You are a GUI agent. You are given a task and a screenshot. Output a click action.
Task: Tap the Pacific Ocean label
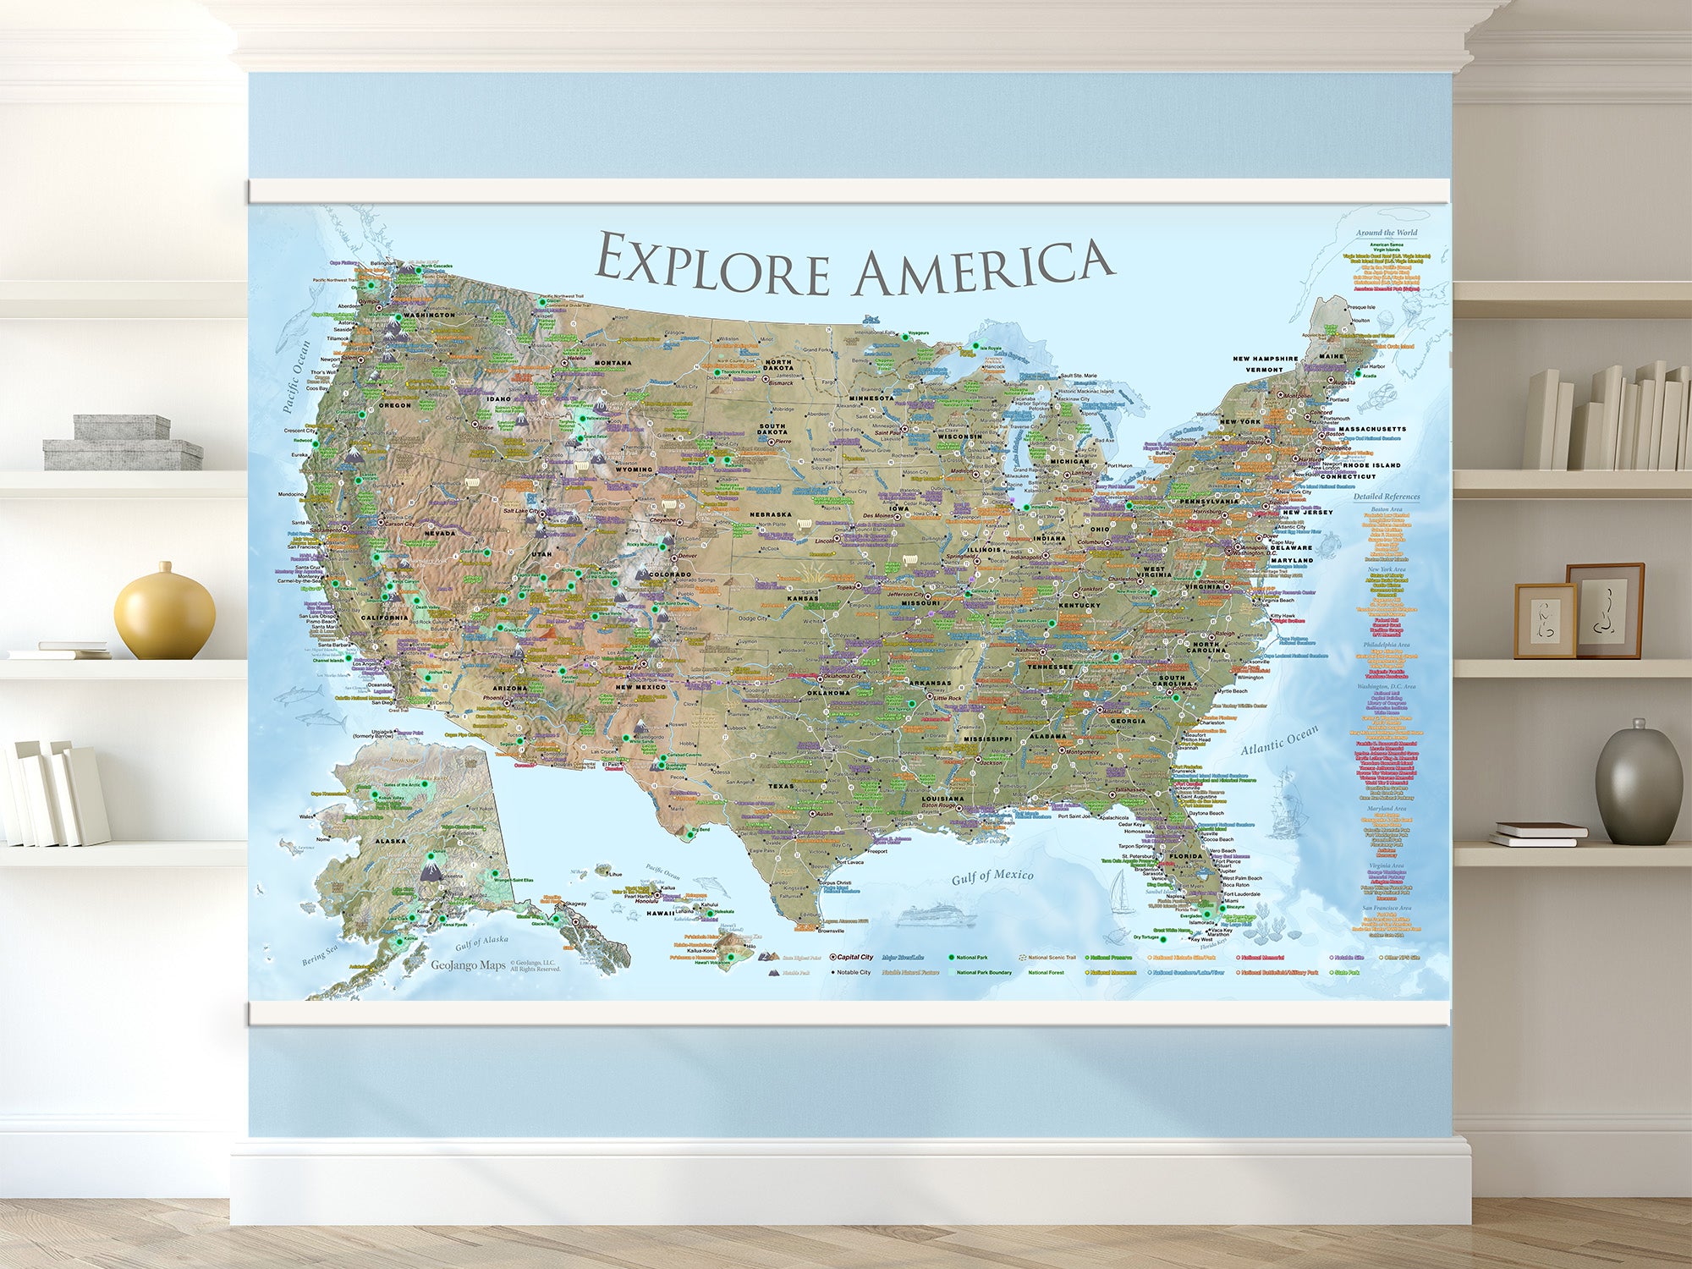coord(295,376)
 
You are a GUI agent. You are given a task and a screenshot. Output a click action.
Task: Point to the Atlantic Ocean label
coord(1278,741)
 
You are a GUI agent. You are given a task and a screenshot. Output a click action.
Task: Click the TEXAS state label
coord(781,786)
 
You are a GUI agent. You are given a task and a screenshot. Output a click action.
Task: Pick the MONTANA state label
coord(613,363)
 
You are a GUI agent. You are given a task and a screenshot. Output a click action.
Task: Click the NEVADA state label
coord(439,533)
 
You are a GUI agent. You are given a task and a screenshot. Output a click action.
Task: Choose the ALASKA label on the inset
coord(391,841)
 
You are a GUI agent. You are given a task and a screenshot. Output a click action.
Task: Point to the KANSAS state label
coord(802,598)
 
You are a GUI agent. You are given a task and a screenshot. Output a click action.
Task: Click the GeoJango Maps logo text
coord(468,965)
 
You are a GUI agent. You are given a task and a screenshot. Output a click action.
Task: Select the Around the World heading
coord(1387,233)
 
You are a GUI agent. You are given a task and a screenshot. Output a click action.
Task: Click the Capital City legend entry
coord(854,957)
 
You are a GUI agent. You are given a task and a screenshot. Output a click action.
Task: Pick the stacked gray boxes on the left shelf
coord(123,442)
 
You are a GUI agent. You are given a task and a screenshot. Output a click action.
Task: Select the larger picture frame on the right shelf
coord(1604,610)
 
